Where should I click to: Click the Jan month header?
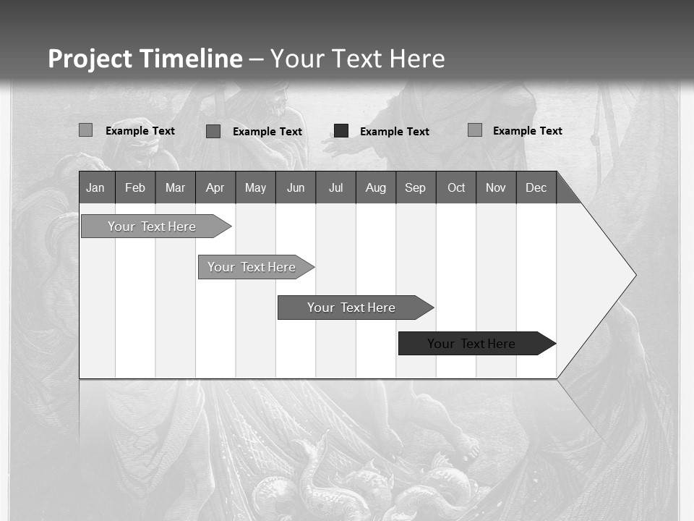click(95, 187)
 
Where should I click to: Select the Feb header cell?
click(135, 187)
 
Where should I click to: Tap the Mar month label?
click(175, 187)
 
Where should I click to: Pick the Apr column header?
click(215, 187)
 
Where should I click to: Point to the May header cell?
click(255, 187)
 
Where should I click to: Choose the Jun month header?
click(296, 187)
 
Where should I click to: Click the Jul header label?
click(335, 187)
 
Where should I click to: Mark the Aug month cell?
click(376, 187)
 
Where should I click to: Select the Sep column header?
click(416, 187)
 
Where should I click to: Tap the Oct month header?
click(456, 187)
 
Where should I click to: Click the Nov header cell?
click(496, 187)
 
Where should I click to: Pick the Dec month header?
click(536, 187)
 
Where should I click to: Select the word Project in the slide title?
click(90, 59)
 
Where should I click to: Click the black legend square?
click(341, 131)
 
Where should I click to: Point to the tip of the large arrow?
click(635, 275)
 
